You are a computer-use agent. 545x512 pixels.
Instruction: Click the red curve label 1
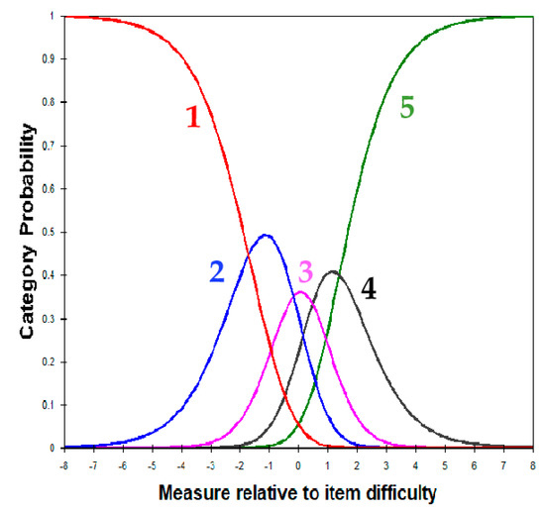(193, 117)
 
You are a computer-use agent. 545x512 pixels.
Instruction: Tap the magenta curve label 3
(306, 272)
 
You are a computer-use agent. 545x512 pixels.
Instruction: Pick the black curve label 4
(369, 290)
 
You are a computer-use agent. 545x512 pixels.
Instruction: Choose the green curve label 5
(407, 107)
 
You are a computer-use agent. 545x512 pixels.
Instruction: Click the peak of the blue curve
(265, 236)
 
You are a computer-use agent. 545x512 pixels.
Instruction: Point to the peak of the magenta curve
(300, 292)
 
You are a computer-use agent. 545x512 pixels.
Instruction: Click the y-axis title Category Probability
(29, 233)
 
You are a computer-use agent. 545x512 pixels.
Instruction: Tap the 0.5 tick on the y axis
(50, 232)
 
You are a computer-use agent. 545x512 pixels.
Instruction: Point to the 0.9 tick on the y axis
(50, 59)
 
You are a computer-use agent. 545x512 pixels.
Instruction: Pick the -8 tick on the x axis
(63, 461)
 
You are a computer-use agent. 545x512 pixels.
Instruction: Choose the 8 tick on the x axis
(533, 461)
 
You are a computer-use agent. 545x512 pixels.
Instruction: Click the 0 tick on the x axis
(298, 461)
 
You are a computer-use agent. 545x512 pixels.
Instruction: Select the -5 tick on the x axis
(152, 461)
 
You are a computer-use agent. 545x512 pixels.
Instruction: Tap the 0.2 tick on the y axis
(50, 361)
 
